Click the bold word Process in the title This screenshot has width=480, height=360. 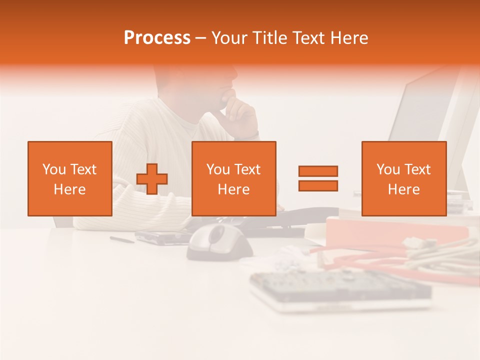[157, 38]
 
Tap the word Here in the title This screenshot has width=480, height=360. [350, 38]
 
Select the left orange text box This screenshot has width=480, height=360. [70, 178]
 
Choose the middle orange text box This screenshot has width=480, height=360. [233, 178]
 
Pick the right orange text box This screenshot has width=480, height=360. [403, 178]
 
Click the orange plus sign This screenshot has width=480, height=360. [152, 179]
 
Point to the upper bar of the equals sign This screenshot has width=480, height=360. [318, 171]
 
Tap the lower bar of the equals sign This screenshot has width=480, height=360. [318, 185]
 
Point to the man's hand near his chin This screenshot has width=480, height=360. [240, 112]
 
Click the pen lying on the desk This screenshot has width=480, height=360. [122, 239]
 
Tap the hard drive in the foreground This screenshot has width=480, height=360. [340, 290]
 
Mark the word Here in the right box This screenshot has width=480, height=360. [403, 189]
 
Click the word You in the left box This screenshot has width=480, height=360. [54, 169]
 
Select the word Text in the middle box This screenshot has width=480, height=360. [248, 169]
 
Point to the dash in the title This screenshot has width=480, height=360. [201, 38]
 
